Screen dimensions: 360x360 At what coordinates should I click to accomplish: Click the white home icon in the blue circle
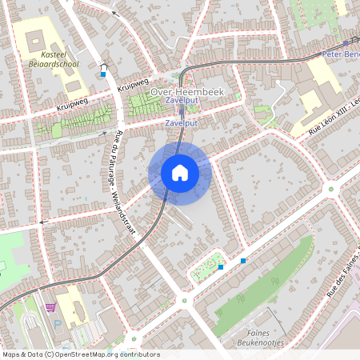179,172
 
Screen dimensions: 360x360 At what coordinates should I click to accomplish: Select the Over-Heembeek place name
187,92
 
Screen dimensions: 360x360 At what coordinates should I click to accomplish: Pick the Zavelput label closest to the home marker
181,124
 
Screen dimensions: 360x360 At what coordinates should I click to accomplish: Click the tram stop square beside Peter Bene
346,44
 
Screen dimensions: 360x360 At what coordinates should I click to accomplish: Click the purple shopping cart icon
51,306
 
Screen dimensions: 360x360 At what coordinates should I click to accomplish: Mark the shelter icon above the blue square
102,66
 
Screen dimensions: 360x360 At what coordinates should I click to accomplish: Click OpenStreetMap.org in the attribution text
88,354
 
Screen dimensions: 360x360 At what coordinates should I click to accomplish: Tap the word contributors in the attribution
140,354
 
